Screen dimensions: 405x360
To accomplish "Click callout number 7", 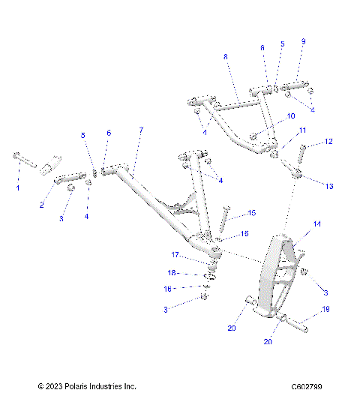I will (139, 130).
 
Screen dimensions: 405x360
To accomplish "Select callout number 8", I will (224, 57).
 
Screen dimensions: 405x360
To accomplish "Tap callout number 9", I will (303, 42).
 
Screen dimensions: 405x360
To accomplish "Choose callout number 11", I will (303, 130).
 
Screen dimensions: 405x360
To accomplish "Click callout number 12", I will (328, 141).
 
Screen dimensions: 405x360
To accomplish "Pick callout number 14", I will (316, 223).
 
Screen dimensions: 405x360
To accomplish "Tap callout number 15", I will (251, 213).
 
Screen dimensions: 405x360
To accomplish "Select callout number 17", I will (173, 255).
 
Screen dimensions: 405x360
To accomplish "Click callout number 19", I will (326, 309).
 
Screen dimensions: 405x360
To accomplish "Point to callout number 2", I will (42, 205).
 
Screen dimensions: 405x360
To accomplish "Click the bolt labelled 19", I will (297, 325).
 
